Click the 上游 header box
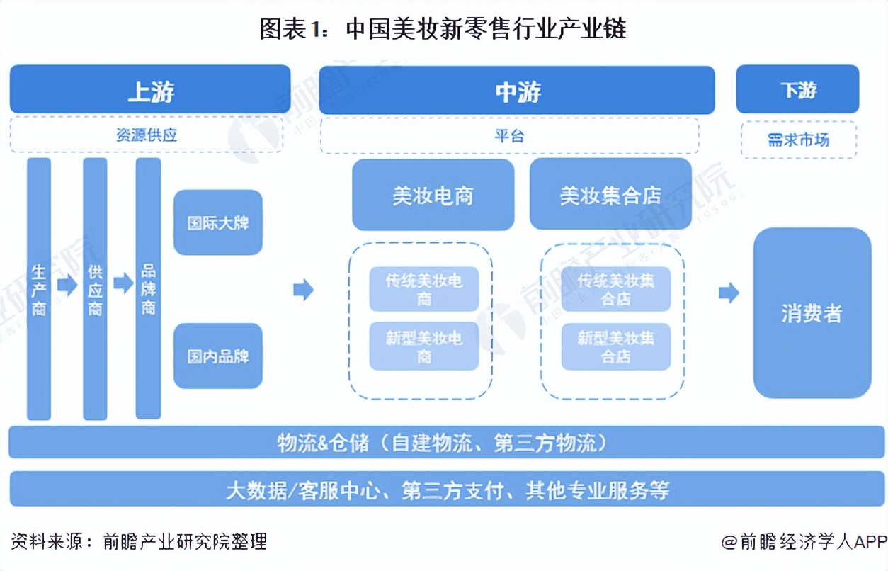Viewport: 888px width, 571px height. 150,90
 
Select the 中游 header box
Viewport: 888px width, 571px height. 517,91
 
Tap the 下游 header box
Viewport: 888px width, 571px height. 797,90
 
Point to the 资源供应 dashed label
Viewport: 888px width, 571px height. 147,135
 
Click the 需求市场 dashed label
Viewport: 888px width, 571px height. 798,140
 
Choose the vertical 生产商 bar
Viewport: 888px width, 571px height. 39,288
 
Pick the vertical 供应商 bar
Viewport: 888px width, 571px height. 95,288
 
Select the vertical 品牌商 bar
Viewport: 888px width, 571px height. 148,288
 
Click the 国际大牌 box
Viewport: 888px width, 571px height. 218,222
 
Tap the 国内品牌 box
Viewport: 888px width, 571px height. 218,356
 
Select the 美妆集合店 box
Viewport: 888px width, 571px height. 610,195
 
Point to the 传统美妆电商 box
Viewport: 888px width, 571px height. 423,289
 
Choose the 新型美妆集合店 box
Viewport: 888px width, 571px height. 615,347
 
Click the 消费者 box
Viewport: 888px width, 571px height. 812,312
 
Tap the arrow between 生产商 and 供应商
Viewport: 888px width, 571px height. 67,285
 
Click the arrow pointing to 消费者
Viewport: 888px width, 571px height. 729,293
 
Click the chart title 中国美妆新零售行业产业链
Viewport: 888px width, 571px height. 443,29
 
